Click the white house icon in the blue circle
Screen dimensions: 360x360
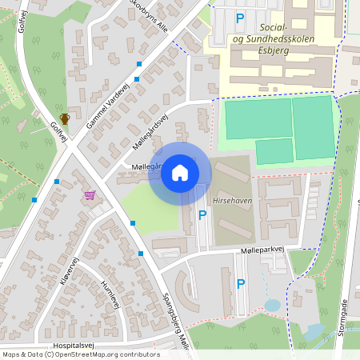tap(180, 173)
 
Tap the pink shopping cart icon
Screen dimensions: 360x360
tap(90, 195)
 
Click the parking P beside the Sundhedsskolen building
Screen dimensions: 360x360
tap(239, 18)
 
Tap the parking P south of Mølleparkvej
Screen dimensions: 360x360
tap(240, 283)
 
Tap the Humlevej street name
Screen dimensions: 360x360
tap(110, 292)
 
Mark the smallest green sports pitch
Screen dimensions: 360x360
tap(274, 151)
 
